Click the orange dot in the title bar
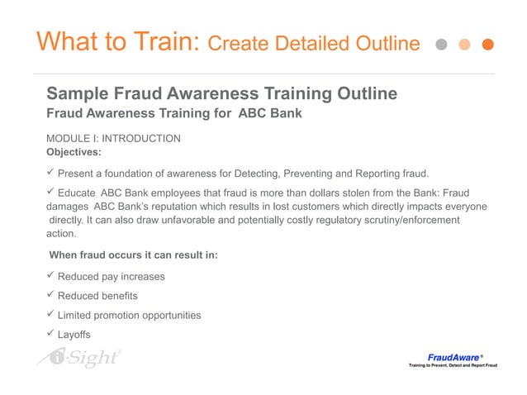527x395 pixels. click(487, 44)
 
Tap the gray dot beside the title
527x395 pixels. click(443, 44)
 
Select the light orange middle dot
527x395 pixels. click(465, 44)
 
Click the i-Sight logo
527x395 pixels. click(79, 357)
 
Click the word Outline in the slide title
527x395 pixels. click(385, 43)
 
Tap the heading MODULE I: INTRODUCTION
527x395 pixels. click(114, 139)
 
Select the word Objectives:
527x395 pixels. click(74, 152)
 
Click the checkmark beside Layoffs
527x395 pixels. click(51, 334)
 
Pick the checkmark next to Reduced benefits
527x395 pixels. click(51, 295)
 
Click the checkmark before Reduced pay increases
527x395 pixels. click(51, 275)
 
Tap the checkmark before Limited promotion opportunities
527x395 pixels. click(51, 314)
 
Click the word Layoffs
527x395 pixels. click(74, 335)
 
